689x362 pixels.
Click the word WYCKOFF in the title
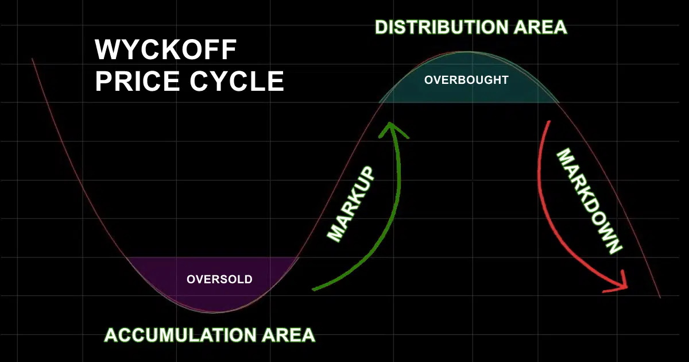[166, 51]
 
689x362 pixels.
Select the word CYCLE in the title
[235, 81]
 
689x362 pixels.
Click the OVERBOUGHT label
[466, 80]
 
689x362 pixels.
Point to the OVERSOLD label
[219, 280]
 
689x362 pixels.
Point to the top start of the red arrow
[549, 122]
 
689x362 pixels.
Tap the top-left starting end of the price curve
[33, 59]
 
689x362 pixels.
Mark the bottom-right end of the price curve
[660, 297]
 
